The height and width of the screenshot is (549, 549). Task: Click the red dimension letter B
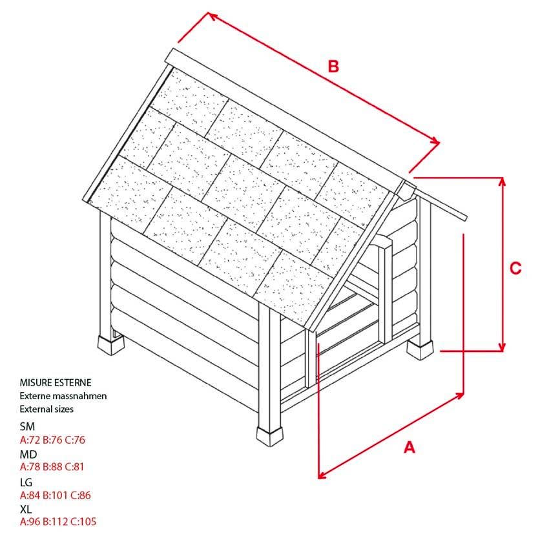point(333,66)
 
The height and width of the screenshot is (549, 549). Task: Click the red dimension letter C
point(515,269)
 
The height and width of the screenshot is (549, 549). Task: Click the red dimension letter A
point(409,447)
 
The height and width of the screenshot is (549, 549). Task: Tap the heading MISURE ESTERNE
point(55,383)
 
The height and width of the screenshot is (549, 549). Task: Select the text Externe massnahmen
point(63,396)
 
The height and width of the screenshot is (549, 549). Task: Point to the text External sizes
point(47,409)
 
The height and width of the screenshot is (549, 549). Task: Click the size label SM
point(27,426)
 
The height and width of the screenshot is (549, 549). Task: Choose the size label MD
point(28,454)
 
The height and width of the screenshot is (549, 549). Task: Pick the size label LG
point(26,482)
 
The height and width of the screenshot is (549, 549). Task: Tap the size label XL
point(26,509)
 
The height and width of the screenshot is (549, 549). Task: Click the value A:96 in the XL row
point(30,522)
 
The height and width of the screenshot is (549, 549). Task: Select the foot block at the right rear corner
point(421,349)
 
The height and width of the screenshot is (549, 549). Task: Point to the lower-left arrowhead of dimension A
point(322,475)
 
